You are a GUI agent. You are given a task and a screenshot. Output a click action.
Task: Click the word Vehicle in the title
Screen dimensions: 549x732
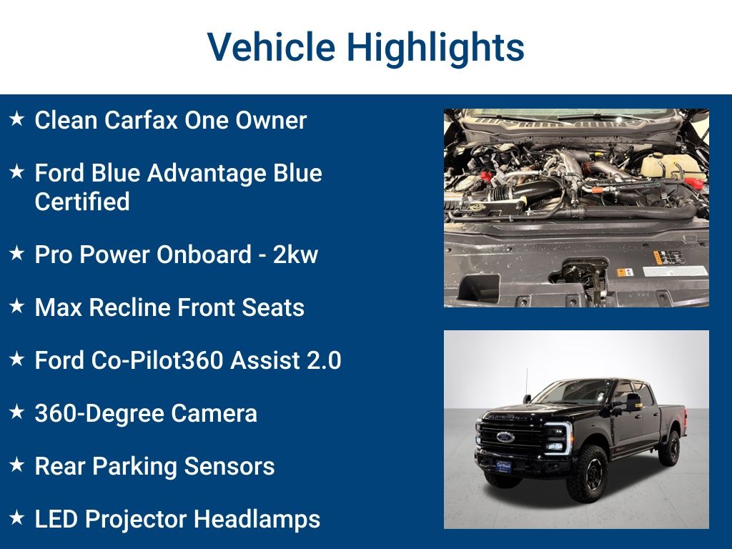click(x=271, y=47)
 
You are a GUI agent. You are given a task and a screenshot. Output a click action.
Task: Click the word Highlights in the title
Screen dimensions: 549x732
click(x=435, y=47)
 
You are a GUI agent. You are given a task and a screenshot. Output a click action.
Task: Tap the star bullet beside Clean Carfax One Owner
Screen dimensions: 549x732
click(x=16, y=119)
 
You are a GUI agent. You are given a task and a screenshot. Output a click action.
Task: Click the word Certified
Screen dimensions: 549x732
click(x=82, y=202)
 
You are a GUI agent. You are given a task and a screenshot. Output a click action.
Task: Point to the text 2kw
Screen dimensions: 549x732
click(x=295, y=254)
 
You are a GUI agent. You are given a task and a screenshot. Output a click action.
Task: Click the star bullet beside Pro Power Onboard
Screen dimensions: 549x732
click(x=16, y=254)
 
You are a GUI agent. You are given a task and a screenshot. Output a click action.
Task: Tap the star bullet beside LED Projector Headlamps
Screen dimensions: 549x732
click(x=16, y=518)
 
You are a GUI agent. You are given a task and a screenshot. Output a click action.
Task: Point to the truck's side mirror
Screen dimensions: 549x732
click(x=633, y=402)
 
